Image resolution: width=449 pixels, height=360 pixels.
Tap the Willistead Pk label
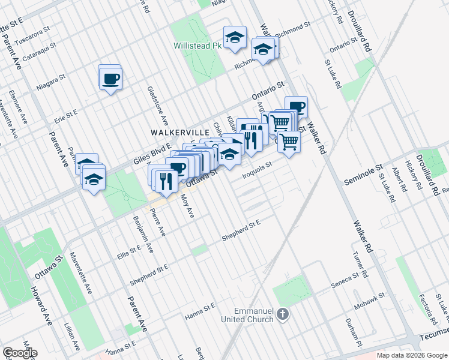pos(197,45)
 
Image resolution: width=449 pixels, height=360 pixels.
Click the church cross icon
pos(285,314)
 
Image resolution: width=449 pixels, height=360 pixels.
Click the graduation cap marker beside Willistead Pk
pos(235,38)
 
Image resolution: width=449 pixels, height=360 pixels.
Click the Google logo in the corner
pos(20,353)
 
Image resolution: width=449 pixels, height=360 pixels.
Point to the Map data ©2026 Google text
pos(412,355)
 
